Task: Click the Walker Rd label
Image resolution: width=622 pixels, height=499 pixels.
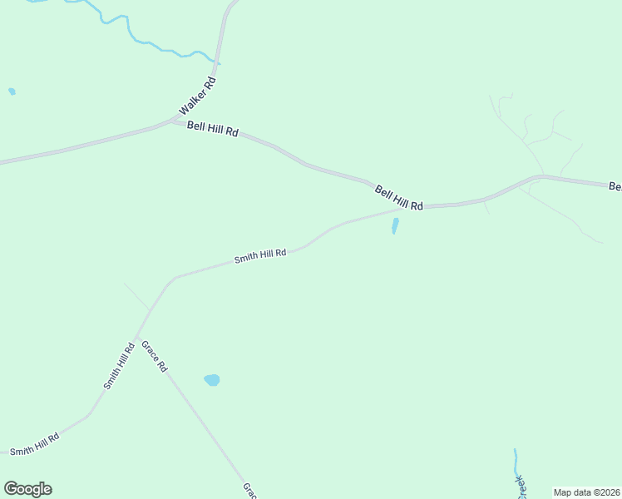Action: pyautogui.click(x=198, y=96)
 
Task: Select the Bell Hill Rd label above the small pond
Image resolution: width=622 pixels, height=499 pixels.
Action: pyautogui.click(x=399, y=198)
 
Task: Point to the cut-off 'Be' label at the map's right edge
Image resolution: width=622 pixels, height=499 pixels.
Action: pyautogui.click(x=615, y=186)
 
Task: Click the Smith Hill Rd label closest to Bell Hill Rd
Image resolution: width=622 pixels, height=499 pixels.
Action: pyautogui.click(x=260, y=255)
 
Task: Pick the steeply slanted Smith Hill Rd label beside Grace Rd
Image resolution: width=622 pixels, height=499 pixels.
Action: pyautogui.click(x=119, y=367)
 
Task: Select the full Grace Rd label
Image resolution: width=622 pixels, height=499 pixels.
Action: pyautogui.click(x=155, y=356)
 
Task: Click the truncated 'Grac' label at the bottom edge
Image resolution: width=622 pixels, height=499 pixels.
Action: pyautogui.click(x=249, y=491)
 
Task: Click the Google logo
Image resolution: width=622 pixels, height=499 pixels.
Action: pyautogui.click(x=27, y=489)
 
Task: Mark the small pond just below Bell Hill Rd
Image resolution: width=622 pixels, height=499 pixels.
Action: pyautogui.click(x=395, y=225)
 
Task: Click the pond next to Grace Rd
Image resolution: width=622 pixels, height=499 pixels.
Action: pyautogui.click(x=212, y=380)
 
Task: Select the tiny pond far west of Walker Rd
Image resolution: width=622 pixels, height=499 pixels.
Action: pyautogui.click(x=12, y=91)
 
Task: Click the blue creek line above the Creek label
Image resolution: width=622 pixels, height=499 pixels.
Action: pyautogui.click(x=516, y=460)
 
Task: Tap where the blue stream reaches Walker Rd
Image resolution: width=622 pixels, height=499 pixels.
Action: pyautogui.click(x=217, y=62)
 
